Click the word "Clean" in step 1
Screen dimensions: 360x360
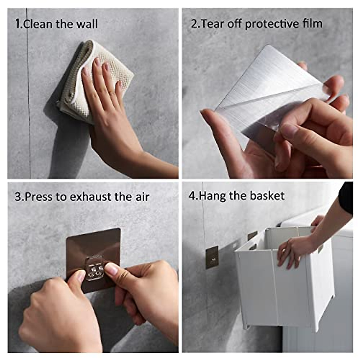pyautogui.click(x=38, y=24)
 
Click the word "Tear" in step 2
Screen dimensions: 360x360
pyautogui.click(x=213, y=24)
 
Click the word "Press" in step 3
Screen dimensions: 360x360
pyautogui.click(x=38, y=197)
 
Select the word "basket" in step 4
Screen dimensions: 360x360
pyautogui.click(x=267, y=196)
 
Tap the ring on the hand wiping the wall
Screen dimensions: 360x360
pyautogui.click(x=111, y=92)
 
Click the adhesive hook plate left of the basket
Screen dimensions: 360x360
pyautogui.click(x=212, y=257)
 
